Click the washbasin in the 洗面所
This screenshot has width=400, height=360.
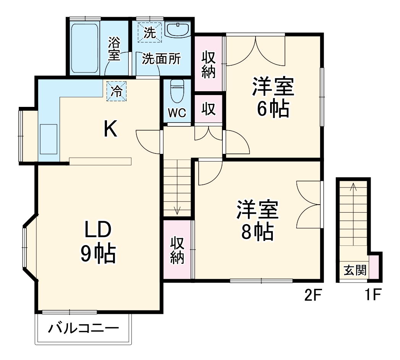pos(178,29)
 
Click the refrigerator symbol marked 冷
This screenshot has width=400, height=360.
pos(116,92)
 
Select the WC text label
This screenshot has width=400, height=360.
pos(177,113)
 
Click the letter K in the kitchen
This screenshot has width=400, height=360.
pos(111,129)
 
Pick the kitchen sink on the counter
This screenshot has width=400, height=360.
pos(49,139)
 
